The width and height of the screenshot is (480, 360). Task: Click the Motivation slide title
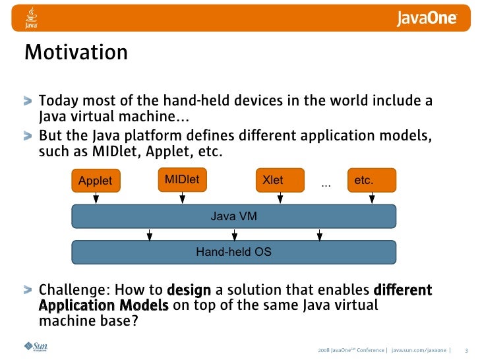coord(76,53)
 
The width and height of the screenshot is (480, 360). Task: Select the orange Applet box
coord(96,181)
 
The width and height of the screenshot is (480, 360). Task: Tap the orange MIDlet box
coord(182,179)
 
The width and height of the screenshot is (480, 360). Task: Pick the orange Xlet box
coord(280,180)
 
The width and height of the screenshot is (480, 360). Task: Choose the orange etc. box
coord(371,180)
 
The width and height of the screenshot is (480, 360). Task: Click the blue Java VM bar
coord(233,216)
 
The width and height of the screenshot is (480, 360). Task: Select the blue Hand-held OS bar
coord(233,252)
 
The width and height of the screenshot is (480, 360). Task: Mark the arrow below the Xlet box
coord(280,198)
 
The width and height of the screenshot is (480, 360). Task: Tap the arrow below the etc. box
coord(372,198)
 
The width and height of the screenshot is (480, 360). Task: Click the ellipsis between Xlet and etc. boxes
coord(326,185)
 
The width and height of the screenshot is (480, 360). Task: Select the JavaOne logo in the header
coord(427,18)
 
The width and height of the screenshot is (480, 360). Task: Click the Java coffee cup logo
coord(31,18)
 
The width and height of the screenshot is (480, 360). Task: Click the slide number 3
coord(466,349)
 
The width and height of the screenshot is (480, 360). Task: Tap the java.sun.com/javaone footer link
coord(421,349)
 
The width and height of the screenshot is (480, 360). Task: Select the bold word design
coord(189,290)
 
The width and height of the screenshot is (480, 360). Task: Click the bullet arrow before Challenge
coord(27,290)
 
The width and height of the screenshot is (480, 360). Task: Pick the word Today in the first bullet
coord(57,102)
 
